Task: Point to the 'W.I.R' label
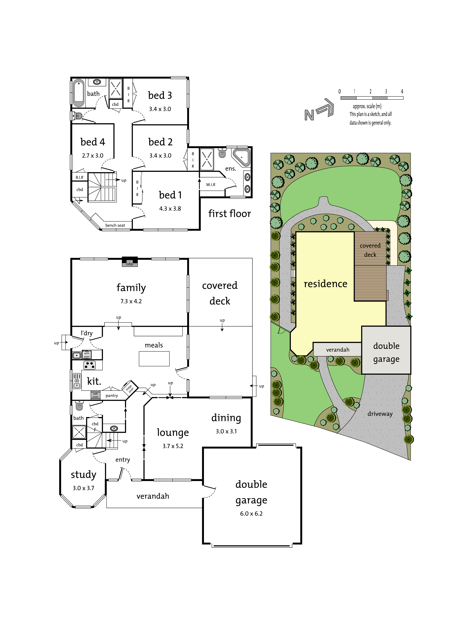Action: click(x=211, y=184)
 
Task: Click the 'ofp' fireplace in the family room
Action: click(x=129, y=262)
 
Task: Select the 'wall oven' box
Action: click(x=95, y=395)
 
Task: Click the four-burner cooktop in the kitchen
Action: click(x=89, y=365)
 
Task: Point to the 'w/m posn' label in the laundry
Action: click(x=87, y=355)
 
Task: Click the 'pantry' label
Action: click(x=112, y=396)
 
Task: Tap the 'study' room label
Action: click(x=84, y=475)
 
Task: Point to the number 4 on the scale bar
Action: click(x=402, y=91)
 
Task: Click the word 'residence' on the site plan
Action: click(x=325, y=284)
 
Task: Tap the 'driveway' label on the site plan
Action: click(x=380, y=414)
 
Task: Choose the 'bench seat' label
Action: click(x=115, y=225)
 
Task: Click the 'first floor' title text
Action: click(x=230, y=214)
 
